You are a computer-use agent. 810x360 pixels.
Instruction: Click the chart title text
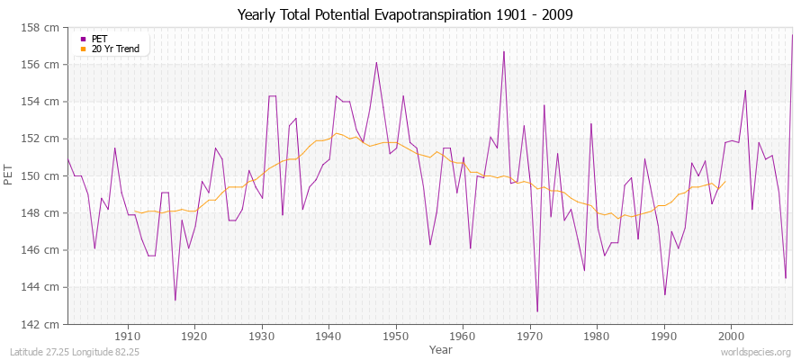pos(404,14)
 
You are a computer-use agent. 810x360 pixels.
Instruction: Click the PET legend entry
pos(99,39)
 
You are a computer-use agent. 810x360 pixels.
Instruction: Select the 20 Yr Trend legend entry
pos(115,49)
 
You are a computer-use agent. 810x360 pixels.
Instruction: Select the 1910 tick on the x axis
pos(128,336)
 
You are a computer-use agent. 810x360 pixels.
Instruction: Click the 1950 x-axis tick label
pos(396,336)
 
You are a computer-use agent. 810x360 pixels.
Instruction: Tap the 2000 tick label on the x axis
pos(731,336)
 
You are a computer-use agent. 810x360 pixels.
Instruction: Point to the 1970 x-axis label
pos(530,336)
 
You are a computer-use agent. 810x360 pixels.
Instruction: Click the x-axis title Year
pos(441,348)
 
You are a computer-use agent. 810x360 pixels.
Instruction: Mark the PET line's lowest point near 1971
pos(537,311)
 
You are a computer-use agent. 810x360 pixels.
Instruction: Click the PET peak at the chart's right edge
pos(792,35)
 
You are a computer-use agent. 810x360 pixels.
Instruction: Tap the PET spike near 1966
pos(504,51)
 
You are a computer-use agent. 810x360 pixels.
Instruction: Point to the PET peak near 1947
pos(376,62)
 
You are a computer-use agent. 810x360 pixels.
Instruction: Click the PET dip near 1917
pos(175,300)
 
